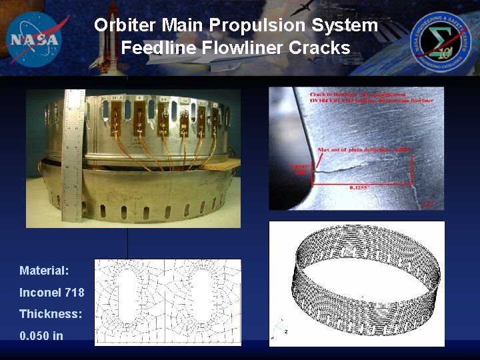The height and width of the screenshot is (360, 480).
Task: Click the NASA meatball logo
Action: pos(35,38)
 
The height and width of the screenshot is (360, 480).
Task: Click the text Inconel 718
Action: pos(51,293)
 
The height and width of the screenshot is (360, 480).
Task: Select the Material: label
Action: pos(44,271)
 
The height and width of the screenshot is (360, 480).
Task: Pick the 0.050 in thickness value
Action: pos(41,335)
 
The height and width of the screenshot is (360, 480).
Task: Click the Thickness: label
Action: pos(51,314)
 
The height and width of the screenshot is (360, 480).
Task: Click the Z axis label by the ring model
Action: pos(285,331)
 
